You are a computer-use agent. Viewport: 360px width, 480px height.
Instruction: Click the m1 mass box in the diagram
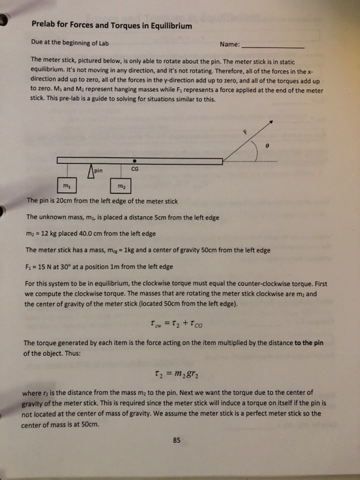click(x=67, y=185)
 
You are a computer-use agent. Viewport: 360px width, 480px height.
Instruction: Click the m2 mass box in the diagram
click(x=119, y=185)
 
